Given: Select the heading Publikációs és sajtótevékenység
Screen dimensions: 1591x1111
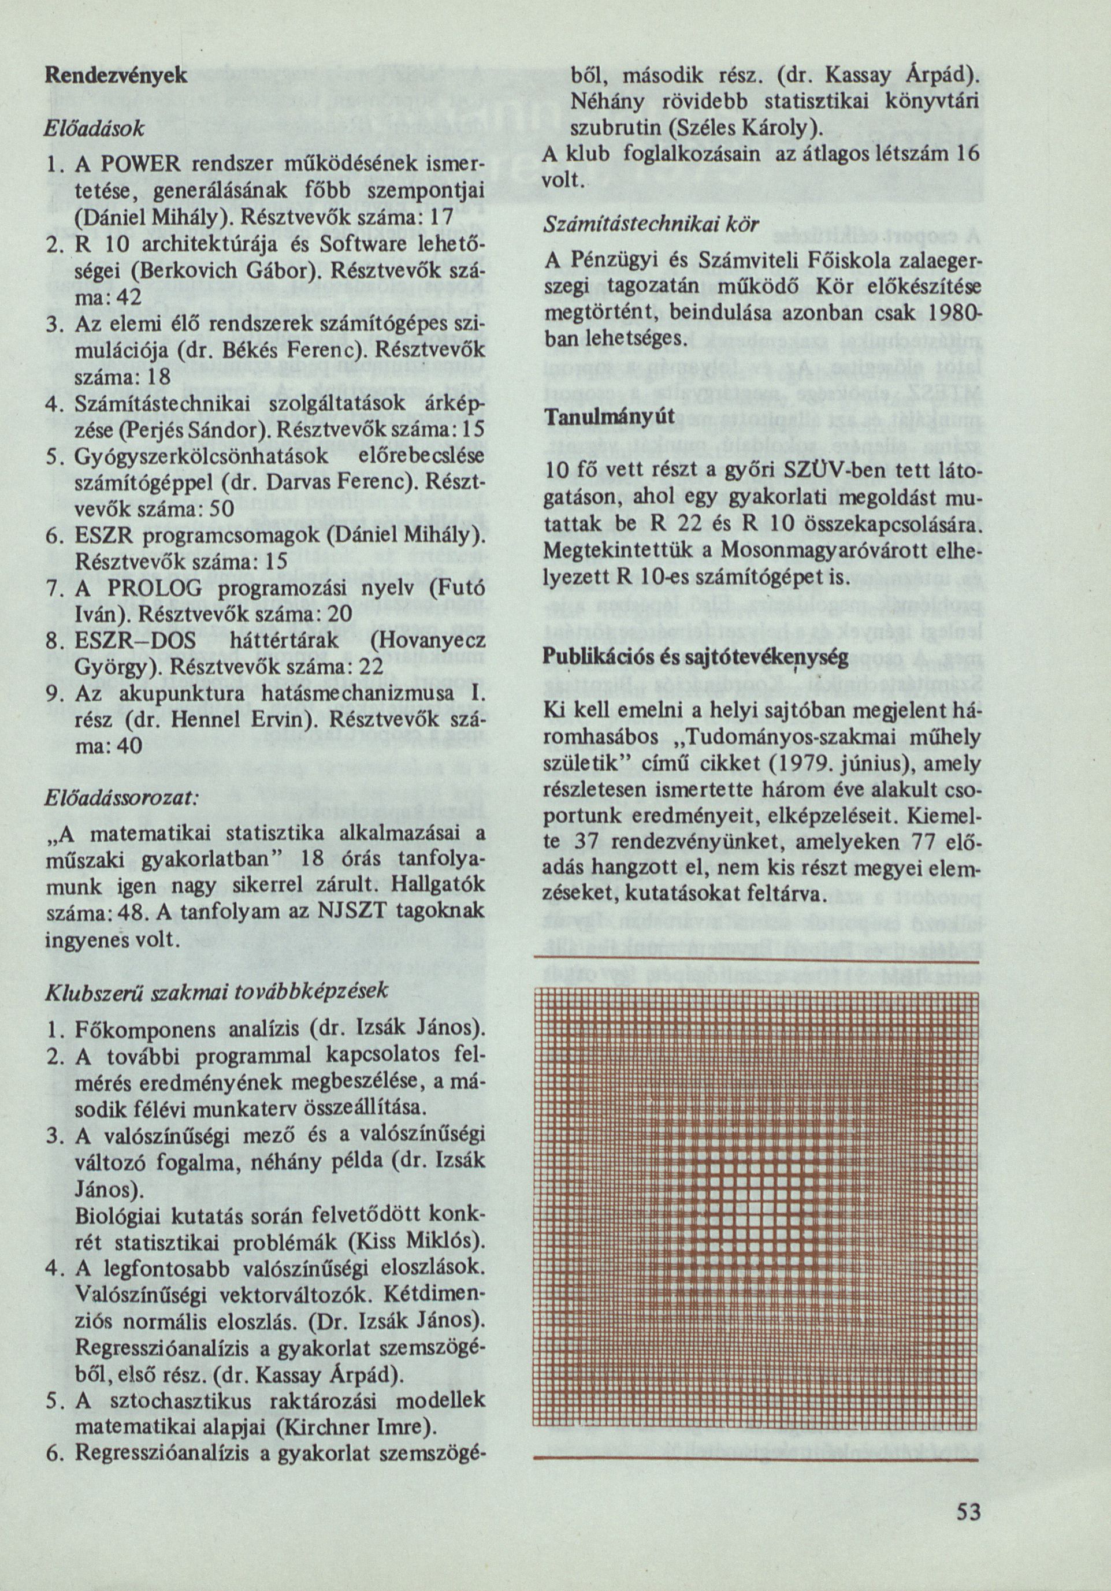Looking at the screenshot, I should coord(696,657).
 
